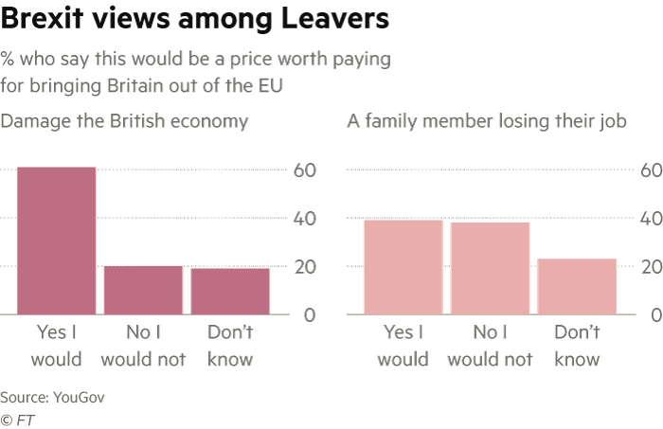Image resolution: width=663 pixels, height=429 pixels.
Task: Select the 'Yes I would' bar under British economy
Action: click(x=56, y=241)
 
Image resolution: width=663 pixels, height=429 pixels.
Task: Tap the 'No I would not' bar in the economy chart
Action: click(x=142, y=290)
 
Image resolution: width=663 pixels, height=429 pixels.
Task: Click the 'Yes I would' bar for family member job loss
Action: click(x=403, y=267)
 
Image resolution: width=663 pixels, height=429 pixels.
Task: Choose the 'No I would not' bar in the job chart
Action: click(x=490, y=268)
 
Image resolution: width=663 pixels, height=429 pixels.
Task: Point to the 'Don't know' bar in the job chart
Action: click(x=577, y=286)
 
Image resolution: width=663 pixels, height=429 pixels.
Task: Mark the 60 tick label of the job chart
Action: click(x=650, y=170)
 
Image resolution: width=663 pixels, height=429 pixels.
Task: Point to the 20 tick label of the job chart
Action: click(x=650, y=267)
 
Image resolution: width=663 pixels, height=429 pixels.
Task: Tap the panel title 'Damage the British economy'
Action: click(x=124, y=121)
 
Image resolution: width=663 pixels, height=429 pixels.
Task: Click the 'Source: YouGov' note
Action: click(x=52, y=397)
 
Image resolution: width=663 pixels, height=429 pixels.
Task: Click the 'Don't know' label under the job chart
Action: click(x=577, y=346)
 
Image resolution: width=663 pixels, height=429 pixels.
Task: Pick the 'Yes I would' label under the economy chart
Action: click(x=56, y=346)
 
